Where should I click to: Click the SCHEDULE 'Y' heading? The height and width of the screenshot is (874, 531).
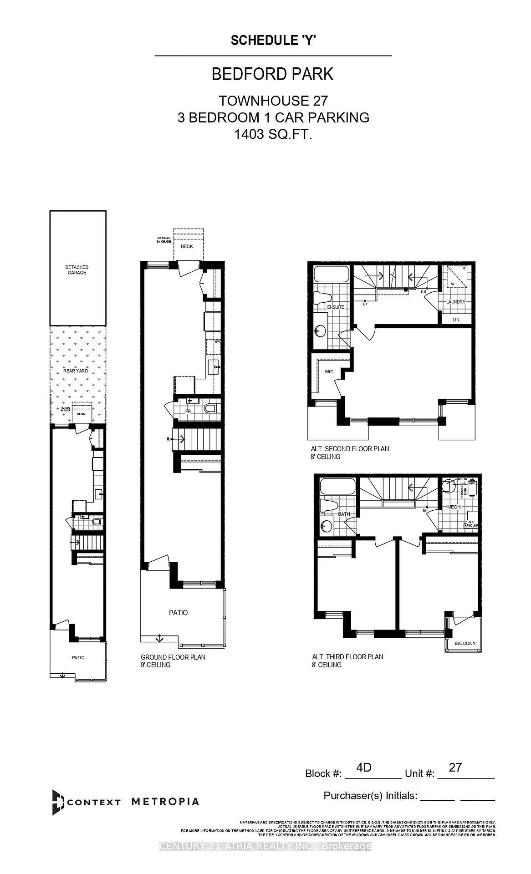point(273,41)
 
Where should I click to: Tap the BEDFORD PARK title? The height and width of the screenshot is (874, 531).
point(273,74)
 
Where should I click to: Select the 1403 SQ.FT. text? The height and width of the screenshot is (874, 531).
point(273,134)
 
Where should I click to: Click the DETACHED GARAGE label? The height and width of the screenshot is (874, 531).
point(77,270)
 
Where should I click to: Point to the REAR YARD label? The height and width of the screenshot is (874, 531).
point(76,371)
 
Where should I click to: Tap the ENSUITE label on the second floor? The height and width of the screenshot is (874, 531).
point(335,307)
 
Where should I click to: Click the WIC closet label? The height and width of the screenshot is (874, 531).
point(329,372)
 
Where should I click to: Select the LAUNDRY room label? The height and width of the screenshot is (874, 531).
point(455,302)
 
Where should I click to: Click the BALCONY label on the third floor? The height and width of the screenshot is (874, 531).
point(465,643)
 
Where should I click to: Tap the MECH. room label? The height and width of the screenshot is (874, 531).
point(454,507)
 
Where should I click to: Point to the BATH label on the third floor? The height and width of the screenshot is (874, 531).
point(344,514)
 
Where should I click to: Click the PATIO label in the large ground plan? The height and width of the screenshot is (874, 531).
point(178,613)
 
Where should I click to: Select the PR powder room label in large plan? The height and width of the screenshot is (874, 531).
point(187,412)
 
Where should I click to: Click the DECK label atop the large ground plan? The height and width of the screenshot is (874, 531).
point(187,246)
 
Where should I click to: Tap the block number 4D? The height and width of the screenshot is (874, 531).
point(364,767)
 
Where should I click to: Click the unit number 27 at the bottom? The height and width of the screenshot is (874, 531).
point(455,767)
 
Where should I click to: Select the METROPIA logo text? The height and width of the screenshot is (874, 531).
point(165,802)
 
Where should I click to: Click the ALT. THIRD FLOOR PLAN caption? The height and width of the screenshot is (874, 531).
point(347,656)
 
